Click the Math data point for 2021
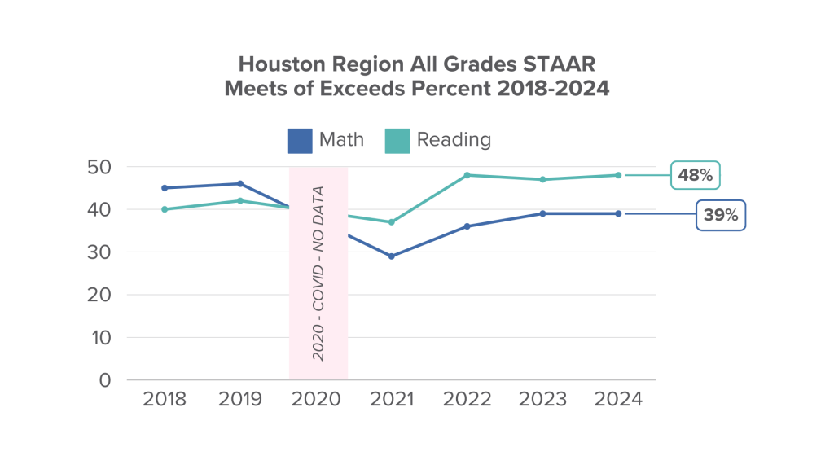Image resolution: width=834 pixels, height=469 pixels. pos(392,256)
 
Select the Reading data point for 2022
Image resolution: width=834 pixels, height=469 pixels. pos(467,175)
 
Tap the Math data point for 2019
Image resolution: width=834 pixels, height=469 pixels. pos(240,184)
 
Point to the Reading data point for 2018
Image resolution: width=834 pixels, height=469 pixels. pos(164,209)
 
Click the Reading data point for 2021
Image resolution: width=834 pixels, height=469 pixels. pos(392,222)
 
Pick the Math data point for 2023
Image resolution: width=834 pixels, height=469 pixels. pos(543,213)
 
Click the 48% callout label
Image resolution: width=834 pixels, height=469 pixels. pos(696,175)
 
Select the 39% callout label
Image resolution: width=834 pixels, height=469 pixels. pos(721,216)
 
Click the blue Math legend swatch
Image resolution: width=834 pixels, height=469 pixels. pos(299,140)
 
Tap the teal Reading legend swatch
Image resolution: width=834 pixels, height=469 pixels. pos(397,140)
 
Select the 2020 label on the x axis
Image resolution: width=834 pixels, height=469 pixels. pos(317,400)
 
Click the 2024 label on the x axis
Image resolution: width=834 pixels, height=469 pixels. pos(619,400)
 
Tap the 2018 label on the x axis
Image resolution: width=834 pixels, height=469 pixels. pos(164,400)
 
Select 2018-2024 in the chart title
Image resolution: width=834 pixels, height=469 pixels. pos(553,90)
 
